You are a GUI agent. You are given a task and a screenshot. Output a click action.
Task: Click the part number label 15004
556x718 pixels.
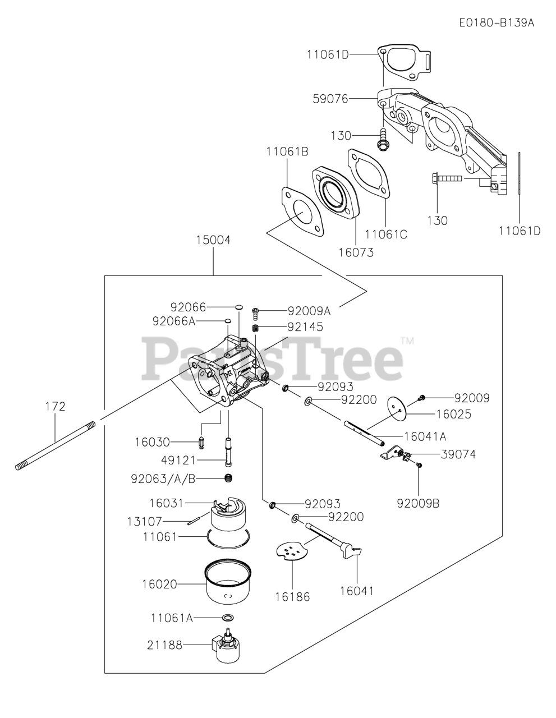click(213, 240)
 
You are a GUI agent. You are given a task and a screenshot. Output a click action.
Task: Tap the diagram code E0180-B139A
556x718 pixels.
click(496, 23)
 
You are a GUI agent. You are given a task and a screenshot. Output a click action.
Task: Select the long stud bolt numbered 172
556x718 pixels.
click(56, 444)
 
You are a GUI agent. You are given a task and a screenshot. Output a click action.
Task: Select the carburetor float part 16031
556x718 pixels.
click(230, 513)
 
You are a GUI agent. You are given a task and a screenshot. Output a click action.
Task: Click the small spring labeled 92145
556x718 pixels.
click(255, 328)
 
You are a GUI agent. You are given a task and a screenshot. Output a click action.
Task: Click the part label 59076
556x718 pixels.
click(330, 99)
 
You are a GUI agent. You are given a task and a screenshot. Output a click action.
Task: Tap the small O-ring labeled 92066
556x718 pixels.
click(238, 307)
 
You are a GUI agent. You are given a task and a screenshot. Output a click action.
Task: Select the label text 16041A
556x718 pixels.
click(425, 436)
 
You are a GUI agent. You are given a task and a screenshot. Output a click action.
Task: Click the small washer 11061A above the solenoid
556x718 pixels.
click(228, 617)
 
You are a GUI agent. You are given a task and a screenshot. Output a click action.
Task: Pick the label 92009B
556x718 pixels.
click(418, 503)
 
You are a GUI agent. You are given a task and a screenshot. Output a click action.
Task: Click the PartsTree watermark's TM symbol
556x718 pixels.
click(407, 340)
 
